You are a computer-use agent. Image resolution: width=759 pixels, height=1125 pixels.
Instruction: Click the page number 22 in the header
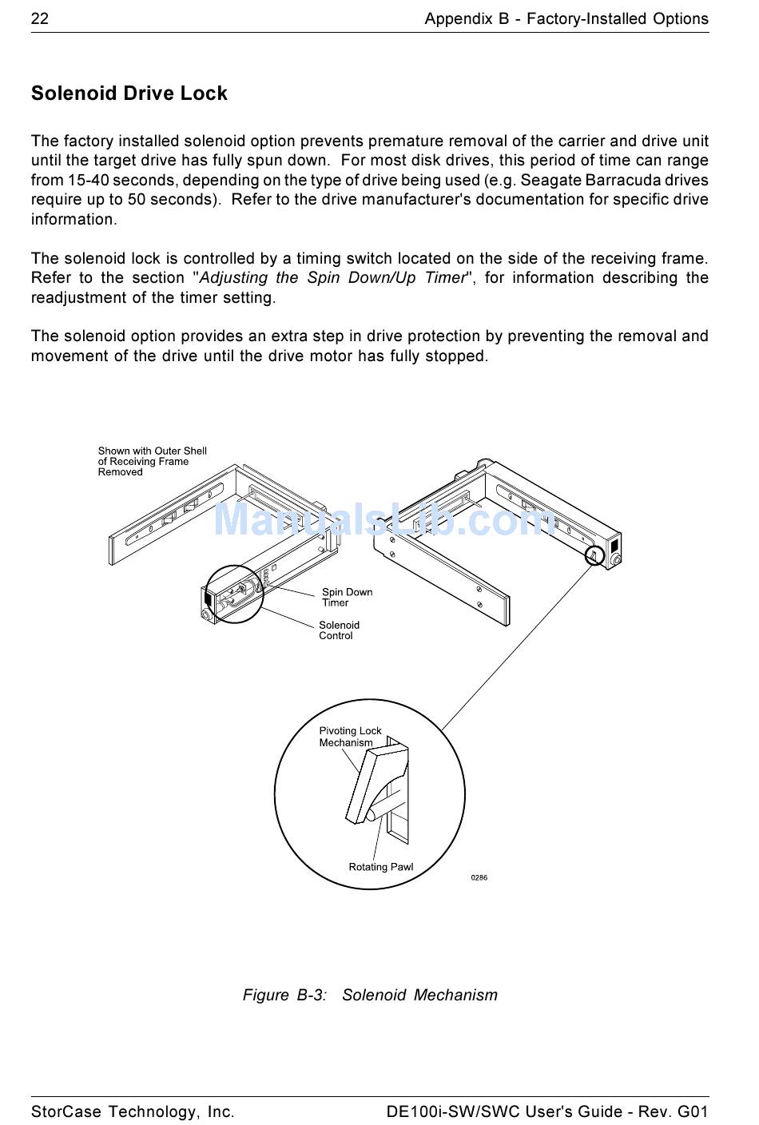[40, 18]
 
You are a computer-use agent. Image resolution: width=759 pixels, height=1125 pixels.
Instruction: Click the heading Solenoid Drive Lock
[129, 93]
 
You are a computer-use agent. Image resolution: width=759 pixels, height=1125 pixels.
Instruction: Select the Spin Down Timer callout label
[347, 598]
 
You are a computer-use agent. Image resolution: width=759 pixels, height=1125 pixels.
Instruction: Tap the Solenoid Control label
[339, 630]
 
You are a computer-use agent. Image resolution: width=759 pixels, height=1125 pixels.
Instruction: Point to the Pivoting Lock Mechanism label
[350, 737]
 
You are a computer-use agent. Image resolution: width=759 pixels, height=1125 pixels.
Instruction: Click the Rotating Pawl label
[380, 867]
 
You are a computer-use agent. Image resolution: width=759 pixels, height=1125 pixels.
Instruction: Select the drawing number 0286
[479, 877]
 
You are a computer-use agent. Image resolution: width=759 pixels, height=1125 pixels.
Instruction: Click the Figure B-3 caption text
[370, 995]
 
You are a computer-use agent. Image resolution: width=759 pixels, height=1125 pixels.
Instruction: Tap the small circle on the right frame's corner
[594, 555]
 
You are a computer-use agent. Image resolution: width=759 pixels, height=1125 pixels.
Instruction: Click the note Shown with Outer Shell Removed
[152, 461]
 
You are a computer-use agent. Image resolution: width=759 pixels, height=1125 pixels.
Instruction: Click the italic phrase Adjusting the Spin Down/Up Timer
[332, 278]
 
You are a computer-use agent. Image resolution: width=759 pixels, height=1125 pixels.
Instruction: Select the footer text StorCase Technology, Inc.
[133, 1111]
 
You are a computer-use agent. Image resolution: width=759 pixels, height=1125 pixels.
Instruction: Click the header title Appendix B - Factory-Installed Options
[566, 18]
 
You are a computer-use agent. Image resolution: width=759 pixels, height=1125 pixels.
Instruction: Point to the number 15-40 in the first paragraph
[88, 180]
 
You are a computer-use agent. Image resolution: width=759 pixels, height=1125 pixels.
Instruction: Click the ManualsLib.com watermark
[383, 519]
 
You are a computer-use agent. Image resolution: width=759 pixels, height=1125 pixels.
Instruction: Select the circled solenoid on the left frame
[234, 594]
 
